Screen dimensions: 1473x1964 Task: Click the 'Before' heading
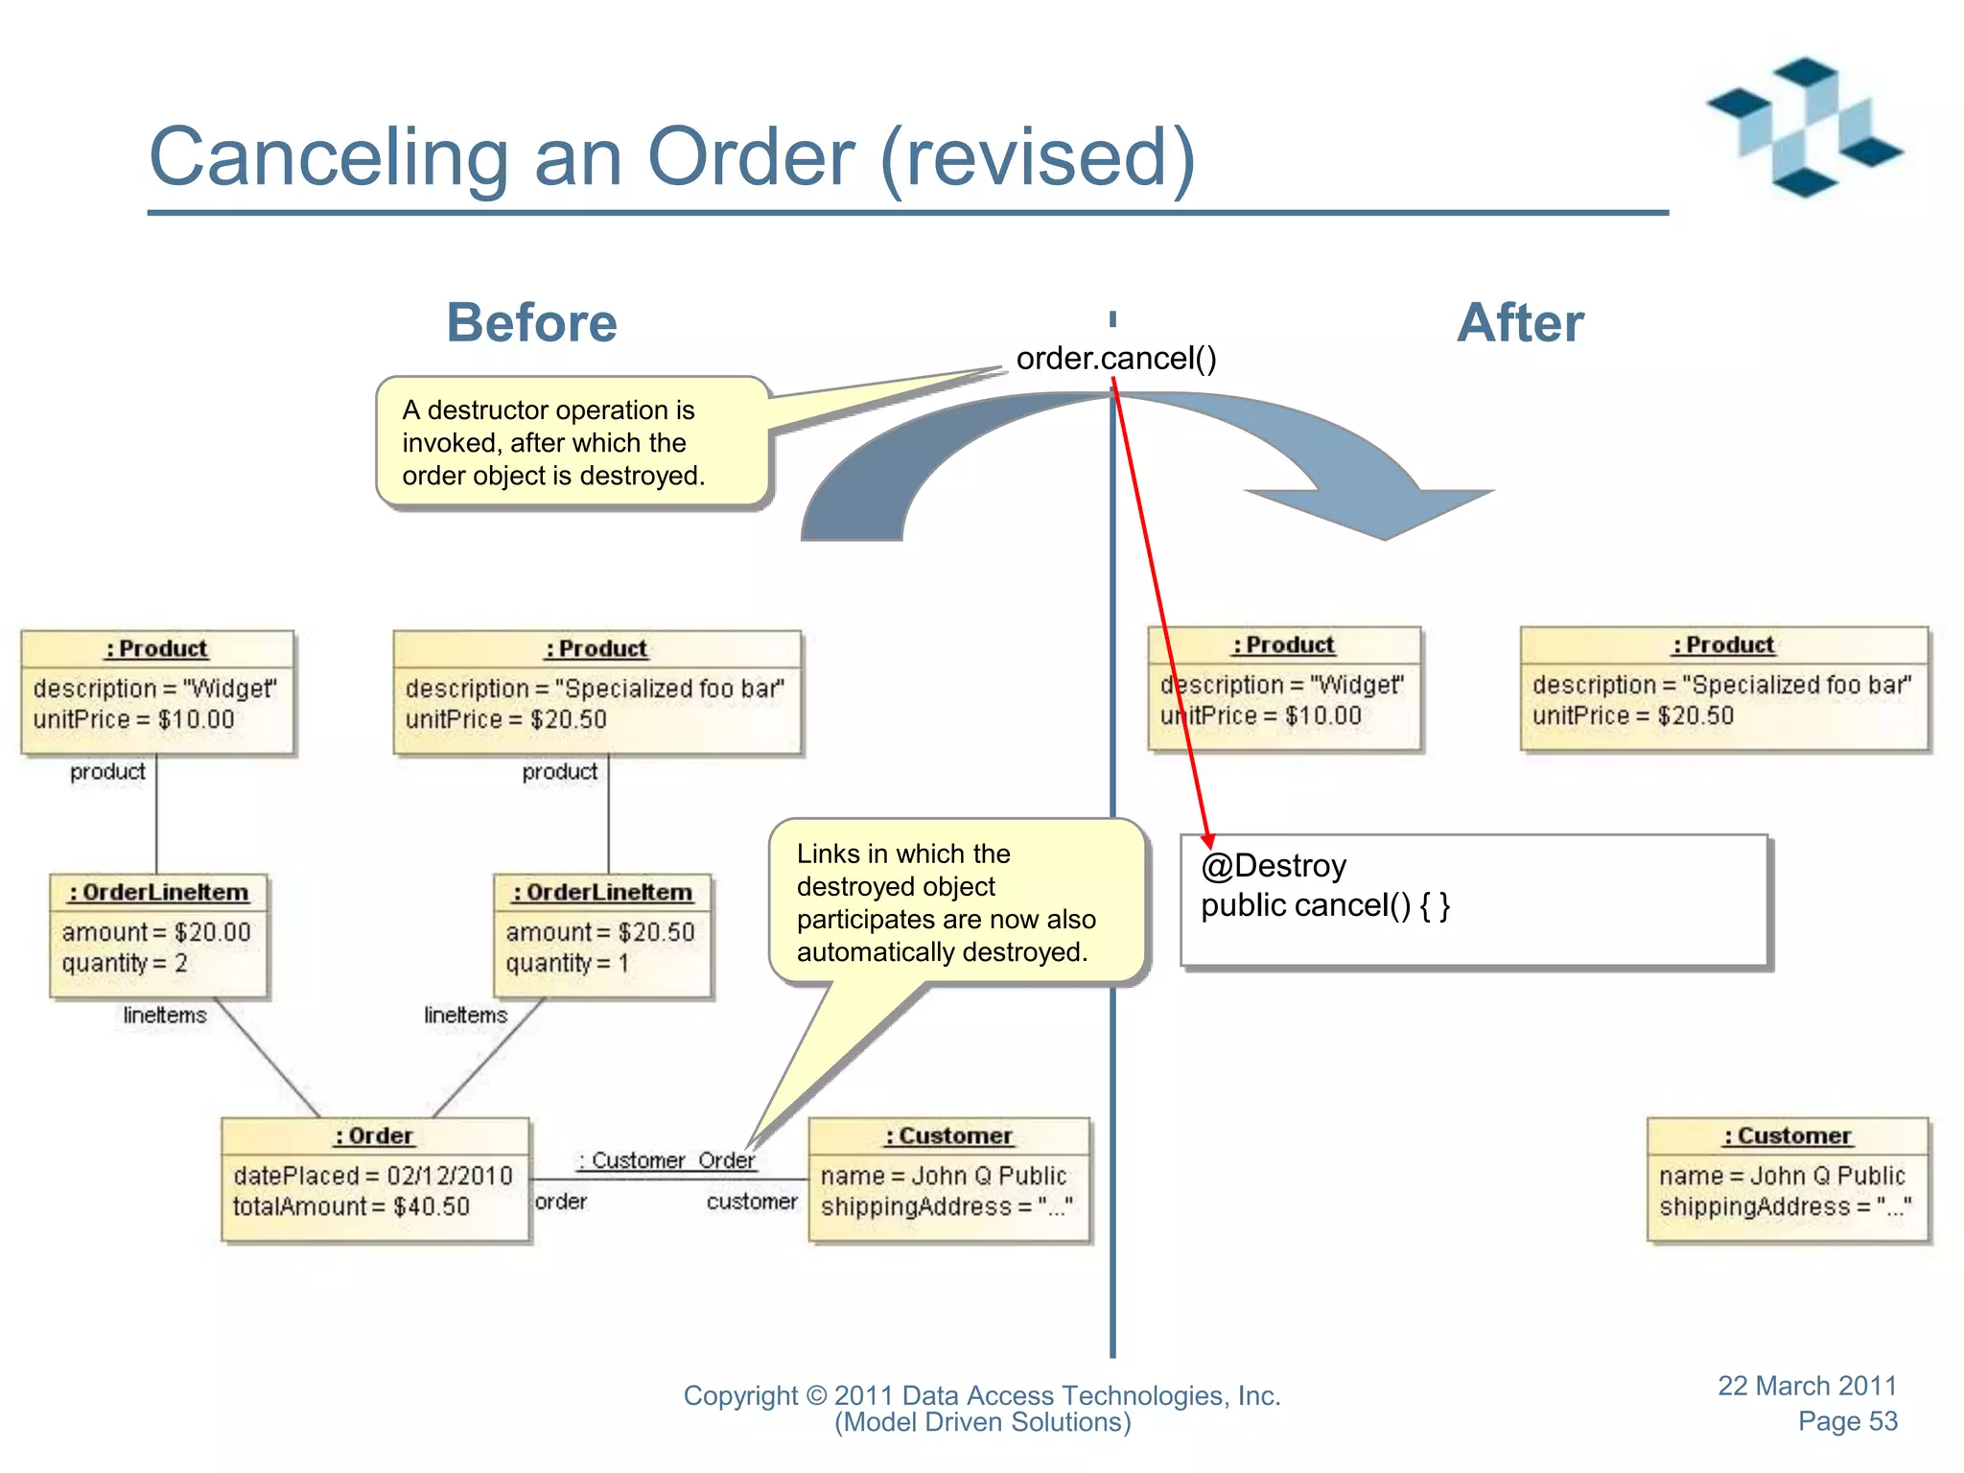click(x=531, y=322)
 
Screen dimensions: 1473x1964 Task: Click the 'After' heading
click(x=1520, y=322)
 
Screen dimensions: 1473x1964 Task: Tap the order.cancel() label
click(x=1116, y=358)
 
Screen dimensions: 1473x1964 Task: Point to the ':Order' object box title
click(x=374, y=1135)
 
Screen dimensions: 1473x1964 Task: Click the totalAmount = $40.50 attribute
click(x=351, y=1206)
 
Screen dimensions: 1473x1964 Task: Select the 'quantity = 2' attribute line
click(x=125, y=963)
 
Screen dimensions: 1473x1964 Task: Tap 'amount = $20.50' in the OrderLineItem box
click(x=600, y=932)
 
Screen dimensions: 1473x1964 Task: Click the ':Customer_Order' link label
click(x=667, y=1160)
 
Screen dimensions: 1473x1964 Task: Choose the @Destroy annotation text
click(x=1274, y=866)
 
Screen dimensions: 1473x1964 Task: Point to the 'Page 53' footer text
click(x=1847, y=1421)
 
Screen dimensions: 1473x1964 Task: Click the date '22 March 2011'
click(x=1807, y=1386)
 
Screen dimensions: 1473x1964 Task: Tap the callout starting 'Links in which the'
click(x=946, y=902)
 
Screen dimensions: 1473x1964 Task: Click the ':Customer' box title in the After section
click(x=1788, y=1135)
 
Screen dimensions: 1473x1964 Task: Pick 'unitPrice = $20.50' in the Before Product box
click(x=505, y=719)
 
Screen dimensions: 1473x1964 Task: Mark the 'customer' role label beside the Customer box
click(x=752, y=1202)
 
